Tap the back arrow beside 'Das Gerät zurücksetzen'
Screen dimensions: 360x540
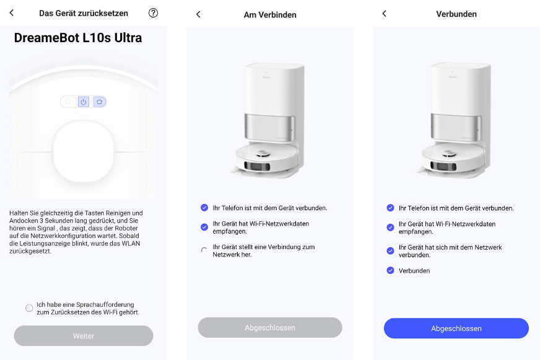[11, 13]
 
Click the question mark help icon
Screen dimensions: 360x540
[153, 13]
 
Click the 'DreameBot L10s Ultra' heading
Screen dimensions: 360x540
[78, 38]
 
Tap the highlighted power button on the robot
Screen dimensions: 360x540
[84, 102]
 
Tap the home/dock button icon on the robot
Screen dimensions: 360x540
[99, 102]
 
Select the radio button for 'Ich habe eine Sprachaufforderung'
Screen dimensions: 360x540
[29, 308]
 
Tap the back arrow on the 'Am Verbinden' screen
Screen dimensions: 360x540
[198, 14]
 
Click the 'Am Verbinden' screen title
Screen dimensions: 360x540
[270, 14]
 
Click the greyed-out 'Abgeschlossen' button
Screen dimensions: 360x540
[270, 327]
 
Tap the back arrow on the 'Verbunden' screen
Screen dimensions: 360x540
[384, 14]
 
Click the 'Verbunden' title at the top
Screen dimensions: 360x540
[456, 14]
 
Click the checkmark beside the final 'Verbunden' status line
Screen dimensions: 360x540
[390, 270]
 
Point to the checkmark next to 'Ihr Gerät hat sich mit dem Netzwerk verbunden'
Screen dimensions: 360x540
[390, 251]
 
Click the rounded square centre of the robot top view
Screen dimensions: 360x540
[84, 151]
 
